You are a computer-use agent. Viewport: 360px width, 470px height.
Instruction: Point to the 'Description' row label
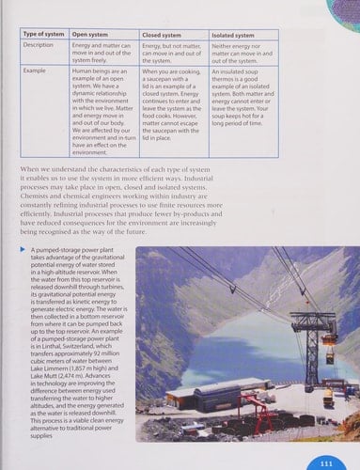point(39,44)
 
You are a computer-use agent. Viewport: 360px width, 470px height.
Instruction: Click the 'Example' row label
point(36,70)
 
